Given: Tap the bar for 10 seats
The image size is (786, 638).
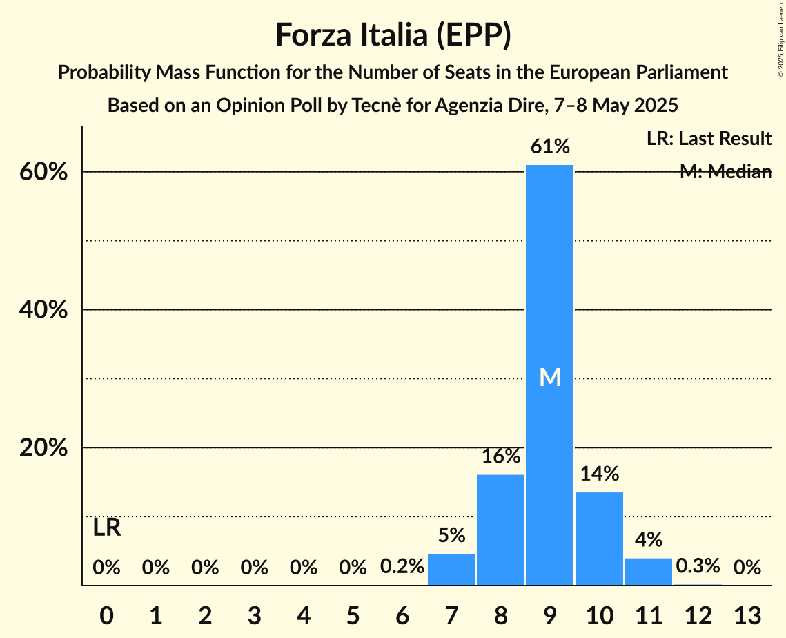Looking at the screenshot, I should pyautogui.click(x=599, y=539).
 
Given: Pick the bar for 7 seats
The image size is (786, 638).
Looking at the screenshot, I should pyautogui.click(x=451, y=570).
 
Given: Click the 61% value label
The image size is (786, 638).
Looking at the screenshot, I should pyautogui.click(x=550, y=146).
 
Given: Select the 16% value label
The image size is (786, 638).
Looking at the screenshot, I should pyautogui.click(x=501, y=456).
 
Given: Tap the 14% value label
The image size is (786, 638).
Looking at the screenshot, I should pyautogui.click(x=599, y=474).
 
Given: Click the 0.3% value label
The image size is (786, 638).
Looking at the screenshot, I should pyautogui.click(x=698, y=567).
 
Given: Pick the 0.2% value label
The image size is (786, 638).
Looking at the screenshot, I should pyautogui.click(x=402, y=567).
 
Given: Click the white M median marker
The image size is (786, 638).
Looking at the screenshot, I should pyautogui.click(x=550, y=377).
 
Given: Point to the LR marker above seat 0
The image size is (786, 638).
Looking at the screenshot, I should pyautogui.click(x=107, y=528).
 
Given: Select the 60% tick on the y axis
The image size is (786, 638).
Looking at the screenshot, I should pyautogui.click(x=43, y=172).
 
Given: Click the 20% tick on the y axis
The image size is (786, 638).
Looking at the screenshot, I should pyautogui.click(x=43, y=448).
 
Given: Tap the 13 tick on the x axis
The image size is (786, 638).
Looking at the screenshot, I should pyautogui.click(x=747, y=614).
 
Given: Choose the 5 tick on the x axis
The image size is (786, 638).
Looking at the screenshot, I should pyautogui.click(x=353, y=614).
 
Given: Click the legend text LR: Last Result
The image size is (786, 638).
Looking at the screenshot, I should pyautogui.click(x=709, y=139).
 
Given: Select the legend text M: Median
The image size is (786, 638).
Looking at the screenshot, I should pyautogui.click(x=725, y=172).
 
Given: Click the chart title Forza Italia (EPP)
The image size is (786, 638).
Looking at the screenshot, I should pyautogui.click(x=393, y=35).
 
